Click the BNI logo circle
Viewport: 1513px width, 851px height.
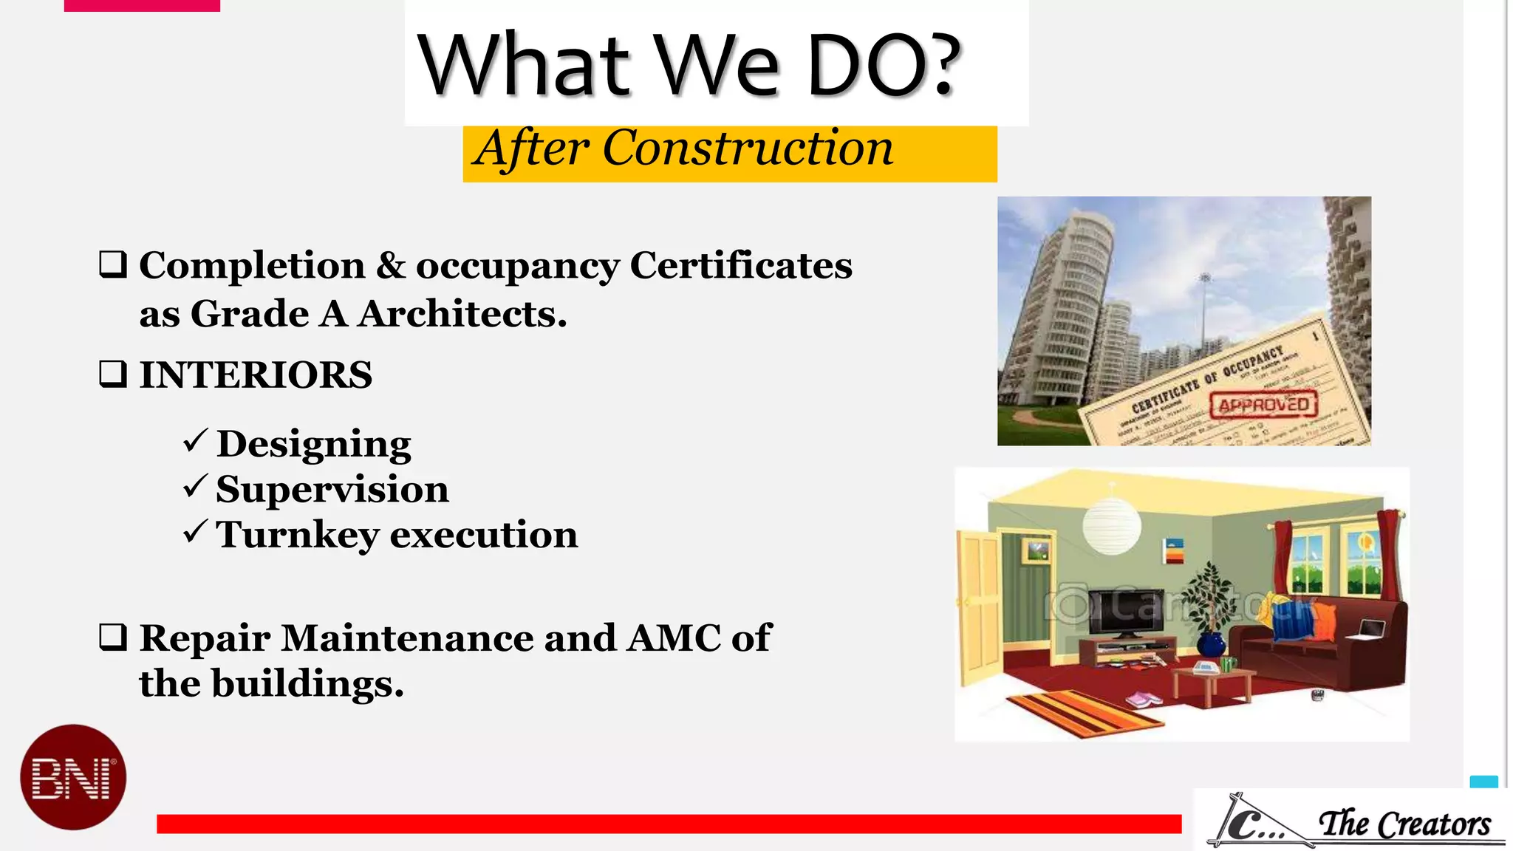[73, 777]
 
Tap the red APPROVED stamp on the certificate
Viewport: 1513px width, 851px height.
[1264, 405]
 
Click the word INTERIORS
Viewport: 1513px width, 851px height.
[256, 375]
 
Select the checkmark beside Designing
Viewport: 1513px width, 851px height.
[196, 442]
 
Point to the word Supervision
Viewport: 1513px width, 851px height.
[332, 489]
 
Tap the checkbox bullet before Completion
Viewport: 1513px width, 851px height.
[113, 264]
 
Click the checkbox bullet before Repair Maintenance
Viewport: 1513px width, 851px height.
[113, 637]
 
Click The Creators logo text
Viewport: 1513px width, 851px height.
[1404, 824]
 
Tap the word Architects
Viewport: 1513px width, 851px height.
[462, 314]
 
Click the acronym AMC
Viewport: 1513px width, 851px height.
[673, 638]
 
